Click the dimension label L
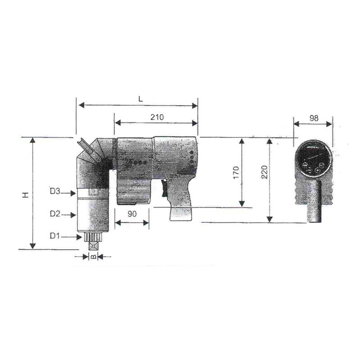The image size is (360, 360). [140, 99]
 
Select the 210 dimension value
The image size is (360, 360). [157, 117]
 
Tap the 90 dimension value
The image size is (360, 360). [132, 215]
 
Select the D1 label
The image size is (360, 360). [54, 236]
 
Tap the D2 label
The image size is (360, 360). [54, 214]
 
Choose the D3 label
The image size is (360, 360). [54, 192]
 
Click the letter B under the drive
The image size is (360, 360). [92, 256]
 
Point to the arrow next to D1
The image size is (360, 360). [70, 236]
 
